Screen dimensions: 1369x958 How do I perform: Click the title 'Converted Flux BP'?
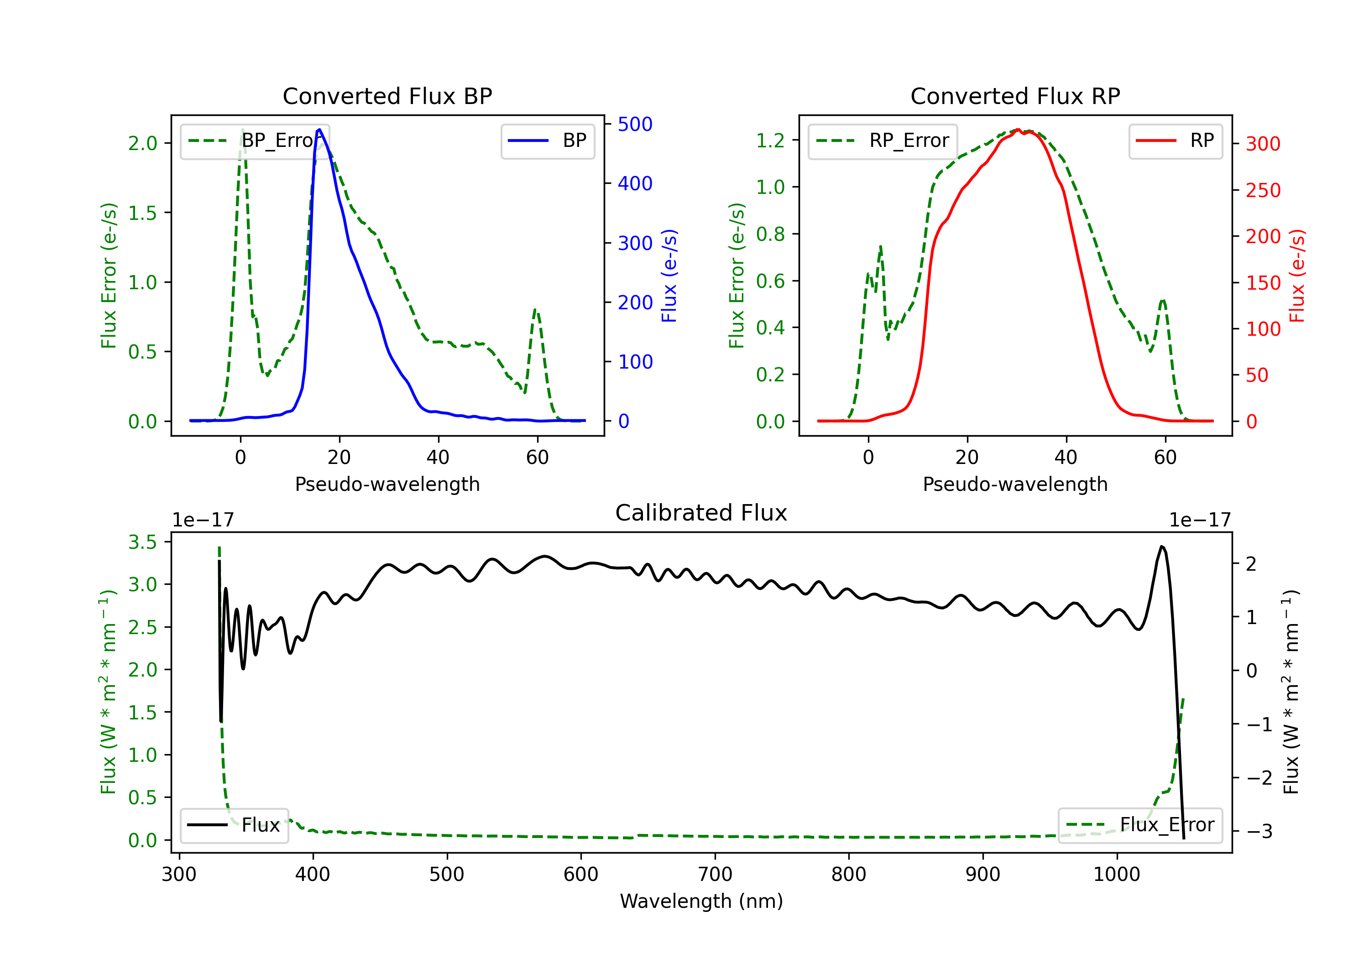coord(387,96)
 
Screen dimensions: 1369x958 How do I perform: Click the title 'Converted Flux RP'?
coord(1015,96)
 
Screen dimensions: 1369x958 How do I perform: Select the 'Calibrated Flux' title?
coord(701,513)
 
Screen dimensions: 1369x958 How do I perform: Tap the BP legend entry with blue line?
coord(547,141)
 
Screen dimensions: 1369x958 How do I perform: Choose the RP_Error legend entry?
coord(883,141)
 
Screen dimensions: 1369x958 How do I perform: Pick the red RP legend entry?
coord(1175,141)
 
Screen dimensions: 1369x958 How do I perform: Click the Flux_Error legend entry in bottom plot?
coord(1140,825)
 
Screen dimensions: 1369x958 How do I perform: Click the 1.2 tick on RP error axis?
coord(770,140)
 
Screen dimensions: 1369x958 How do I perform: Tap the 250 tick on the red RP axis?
coord(1263,190)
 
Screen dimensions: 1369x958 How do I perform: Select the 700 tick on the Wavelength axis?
coord(715,875)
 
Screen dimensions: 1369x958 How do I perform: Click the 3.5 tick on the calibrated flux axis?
coord(142,542)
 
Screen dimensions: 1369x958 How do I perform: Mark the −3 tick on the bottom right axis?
coord(1259,831)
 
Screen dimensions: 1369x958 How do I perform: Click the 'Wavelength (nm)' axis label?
coord(701,901)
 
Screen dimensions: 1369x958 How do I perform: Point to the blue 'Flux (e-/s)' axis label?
coord(669,276)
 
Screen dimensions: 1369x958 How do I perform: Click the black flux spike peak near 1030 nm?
coord(1161,546)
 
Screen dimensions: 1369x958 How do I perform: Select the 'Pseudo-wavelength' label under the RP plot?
coord(1015,484)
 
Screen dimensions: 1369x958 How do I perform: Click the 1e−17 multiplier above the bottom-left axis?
coord(204,520)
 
